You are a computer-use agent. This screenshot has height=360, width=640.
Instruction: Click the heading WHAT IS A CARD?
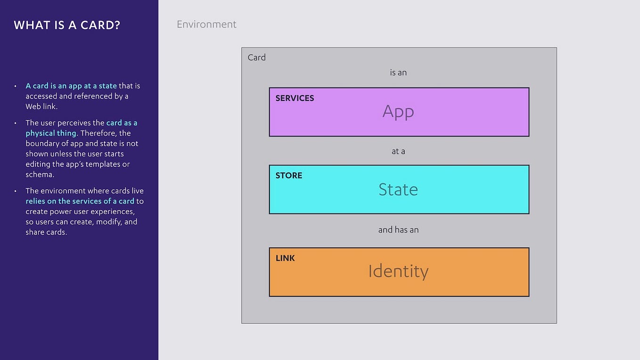click(67, 25)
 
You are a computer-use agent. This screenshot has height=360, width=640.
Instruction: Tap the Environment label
click(206, 25)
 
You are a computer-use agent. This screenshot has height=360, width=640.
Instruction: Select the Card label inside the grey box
click(257, 57)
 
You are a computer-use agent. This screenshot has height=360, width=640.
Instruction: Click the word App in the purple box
click(398, 111)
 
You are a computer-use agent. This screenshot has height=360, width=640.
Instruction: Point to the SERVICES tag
click(295, 98)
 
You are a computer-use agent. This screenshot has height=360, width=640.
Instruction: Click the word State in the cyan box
click(398, 189)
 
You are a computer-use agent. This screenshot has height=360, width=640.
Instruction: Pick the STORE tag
click(289, 175)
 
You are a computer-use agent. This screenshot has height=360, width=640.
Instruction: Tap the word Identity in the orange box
click(398, 271)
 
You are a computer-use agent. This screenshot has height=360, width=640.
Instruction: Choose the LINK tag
click(285, 258)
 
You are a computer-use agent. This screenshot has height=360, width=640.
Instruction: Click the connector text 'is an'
click(398, 73)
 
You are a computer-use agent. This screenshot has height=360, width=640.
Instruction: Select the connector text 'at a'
click(398, 151)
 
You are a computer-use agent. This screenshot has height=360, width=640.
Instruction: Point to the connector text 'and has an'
click(398, 230)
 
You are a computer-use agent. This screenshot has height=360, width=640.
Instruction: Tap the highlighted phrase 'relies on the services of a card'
click(80, 201)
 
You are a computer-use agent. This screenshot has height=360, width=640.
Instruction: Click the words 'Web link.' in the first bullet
click(41, 106)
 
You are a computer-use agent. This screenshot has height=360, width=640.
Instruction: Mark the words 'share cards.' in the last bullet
click(46, 232)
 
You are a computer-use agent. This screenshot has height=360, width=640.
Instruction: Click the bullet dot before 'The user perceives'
click(16, 123)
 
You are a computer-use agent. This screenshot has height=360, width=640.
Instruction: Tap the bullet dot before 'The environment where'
click(16, 191)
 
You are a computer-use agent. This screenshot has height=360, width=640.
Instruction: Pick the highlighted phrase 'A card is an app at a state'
click(71, 86)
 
